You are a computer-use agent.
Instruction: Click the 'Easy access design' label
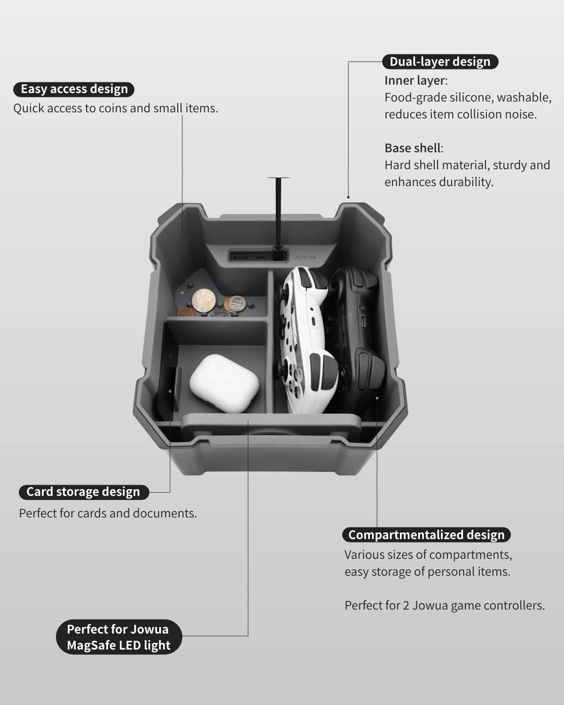coord(74,89)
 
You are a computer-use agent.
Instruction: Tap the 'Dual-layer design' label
coord(440,62)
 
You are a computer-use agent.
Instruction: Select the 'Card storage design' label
coord(84,492)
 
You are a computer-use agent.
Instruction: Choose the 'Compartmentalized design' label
coord(426,535)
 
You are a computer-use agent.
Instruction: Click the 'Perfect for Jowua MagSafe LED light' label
coord(119,637)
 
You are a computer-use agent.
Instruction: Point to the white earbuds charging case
coord(224,383)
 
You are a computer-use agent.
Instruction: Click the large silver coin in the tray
coord(204,300)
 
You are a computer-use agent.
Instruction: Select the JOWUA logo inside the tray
coord(305,257)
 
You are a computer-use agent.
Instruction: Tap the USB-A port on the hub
coord(238,256)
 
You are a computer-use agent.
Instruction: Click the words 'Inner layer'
coord(415,80)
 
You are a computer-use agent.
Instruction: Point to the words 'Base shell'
coord(413,148)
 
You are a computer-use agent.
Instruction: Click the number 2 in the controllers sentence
coord(406,605)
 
